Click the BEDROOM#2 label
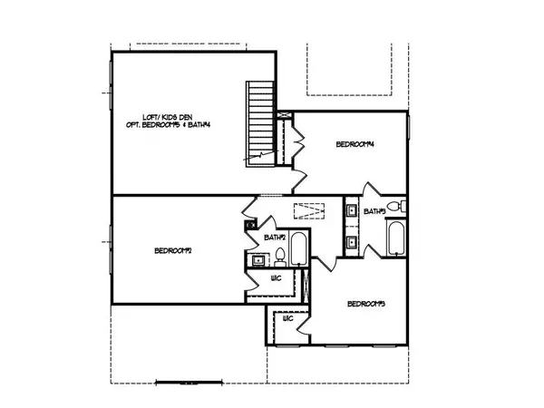172,250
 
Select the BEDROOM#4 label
356,144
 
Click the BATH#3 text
375,211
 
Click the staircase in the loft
260,121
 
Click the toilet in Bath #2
280,255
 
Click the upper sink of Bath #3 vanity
350,211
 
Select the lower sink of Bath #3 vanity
350,242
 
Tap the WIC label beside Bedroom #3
287,319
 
